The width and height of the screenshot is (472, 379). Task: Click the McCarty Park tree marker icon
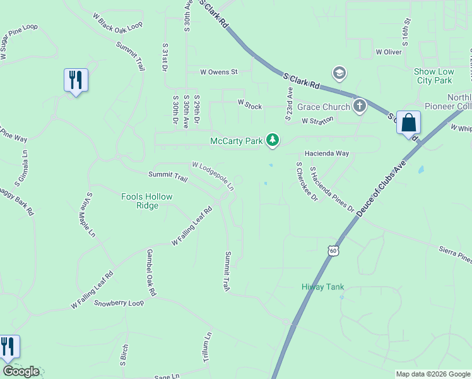[272, 139]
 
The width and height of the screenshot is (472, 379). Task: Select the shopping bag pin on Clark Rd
[408, 122]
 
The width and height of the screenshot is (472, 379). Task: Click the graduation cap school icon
[339, 74]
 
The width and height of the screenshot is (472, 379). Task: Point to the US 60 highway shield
[333, 251]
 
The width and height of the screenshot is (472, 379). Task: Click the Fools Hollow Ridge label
[147, 201]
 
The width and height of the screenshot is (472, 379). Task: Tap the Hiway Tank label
[322, 287]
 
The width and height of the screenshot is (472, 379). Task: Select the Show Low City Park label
[433, 76]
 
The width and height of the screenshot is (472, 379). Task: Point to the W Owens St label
[218, 72]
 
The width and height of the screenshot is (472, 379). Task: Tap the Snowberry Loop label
[119, 303]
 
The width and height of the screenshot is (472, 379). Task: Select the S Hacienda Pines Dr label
[332, 189]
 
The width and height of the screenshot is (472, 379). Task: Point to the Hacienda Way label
[327, 153]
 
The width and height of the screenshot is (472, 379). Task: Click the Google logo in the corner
[21, 371]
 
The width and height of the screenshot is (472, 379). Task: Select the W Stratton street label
[317, 121]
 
